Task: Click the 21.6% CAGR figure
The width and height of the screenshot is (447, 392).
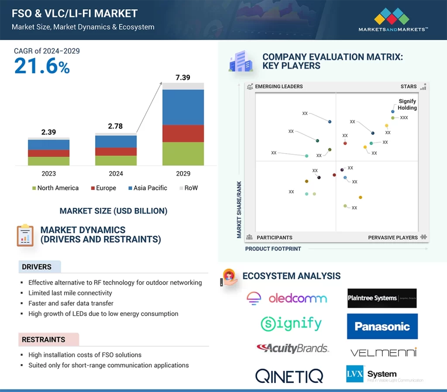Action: pyautogui.click(x=42, y=66)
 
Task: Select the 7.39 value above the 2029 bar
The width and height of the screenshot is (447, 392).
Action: pyautogui.click(x=183, y=78)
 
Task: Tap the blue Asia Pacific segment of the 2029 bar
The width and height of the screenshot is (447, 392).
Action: pyautogui.click(x=183, y=107)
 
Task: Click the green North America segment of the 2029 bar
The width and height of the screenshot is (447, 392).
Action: pyautogui.click(x=183, y=154)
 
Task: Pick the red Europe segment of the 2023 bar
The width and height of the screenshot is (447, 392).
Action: pyautogui.click(x=48, y=153)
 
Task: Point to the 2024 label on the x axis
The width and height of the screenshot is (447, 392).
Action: pyautogui.click(x=116, y=174)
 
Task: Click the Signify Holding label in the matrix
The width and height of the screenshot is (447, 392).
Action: pyautogui.click(x=407, y=104)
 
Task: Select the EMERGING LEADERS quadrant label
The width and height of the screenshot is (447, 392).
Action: pyautogui.click(x=279, y=86)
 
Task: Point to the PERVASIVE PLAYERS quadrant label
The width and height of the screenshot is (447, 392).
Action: pyautogui.click(x=393, y=237)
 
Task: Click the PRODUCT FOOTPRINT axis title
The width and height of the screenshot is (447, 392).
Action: pyautogui.click(x=273, y=249)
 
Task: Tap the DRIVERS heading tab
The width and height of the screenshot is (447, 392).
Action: pyautogui.click(x=37, y=267)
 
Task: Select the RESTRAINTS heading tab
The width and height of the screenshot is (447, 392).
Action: pyautogui.click(x=44, y=339)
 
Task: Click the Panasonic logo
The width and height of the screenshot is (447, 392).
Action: pyautogui.click(x=382, y=327)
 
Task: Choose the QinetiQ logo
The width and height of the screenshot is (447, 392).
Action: pyautogui.click(x=289, y=375)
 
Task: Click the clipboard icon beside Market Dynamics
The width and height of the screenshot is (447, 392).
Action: pyautogui.click(x=25, y=235)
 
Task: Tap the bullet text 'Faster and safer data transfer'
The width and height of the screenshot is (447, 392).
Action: pyautogui.click(x=71, y=303)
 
